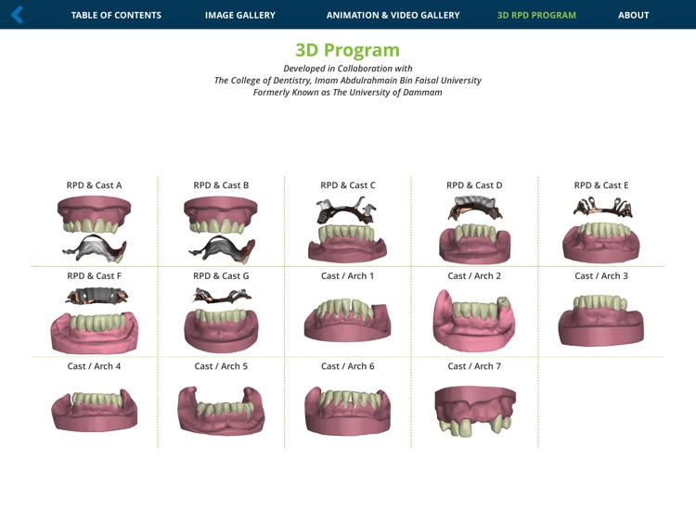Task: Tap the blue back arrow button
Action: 17,15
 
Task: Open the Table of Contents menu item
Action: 116,15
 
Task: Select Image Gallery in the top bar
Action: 239,15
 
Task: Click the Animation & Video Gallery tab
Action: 393,15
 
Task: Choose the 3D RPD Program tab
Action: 536,15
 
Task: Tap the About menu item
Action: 633,15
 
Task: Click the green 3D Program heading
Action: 347,50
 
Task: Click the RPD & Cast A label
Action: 94,185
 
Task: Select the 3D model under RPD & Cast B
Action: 221,229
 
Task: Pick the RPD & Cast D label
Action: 474,185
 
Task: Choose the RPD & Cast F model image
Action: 94,320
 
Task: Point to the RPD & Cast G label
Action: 221,276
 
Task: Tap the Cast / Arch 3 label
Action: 600,276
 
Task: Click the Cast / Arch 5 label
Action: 221,366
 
